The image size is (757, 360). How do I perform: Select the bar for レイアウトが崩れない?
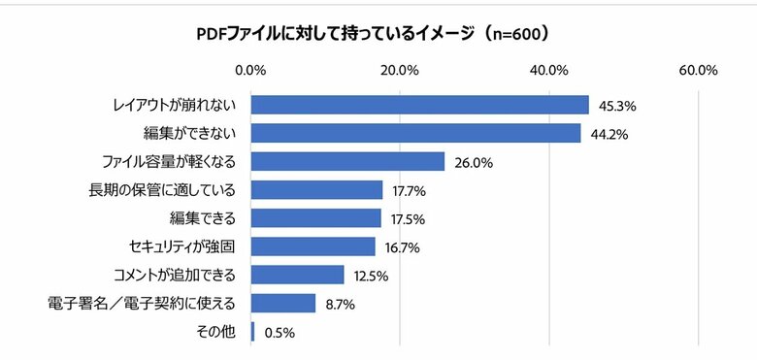pyautogui.click(x=419, y=105)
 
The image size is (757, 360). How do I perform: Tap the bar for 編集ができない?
pyautogui.click(x=415, y=133)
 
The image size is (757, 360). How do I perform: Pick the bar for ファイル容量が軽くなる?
pyautogui.click(x=347, y=161)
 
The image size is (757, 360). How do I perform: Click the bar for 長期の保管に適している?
pyautogui.click(x=316, y=189)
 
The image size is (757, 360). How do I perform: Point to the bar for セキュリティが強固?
pyautogui.click(x=313, y=246)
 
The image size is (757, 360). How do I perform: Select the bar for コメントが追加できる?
pyautogui.click(x=297, y=275)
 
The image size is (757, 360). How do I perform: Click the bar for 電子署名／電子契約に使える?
pyautogui.click(x=283, y=303)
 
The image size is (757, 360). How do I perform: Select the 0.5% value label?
pyautogui.click(x=278, y=332)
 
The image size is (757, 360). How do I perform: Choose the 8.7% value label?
pyautogui.click(x=339, y=304)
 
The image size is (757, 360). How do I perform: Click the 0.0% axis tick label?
pyautogui.click(x=251, y=70)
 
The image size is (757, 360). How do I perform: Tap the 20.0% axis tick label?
pyautogui.click(x=400, y=70)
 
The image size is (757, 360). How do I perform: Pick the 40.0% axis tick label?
pyautogui.click(x=549, y=70)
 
